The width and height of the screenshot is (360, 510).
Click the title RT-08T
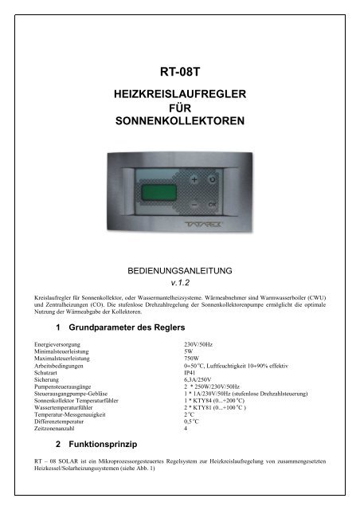[179, 70]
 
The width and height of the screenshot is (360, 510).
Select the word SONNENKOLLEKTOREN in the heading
[179, 123]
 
